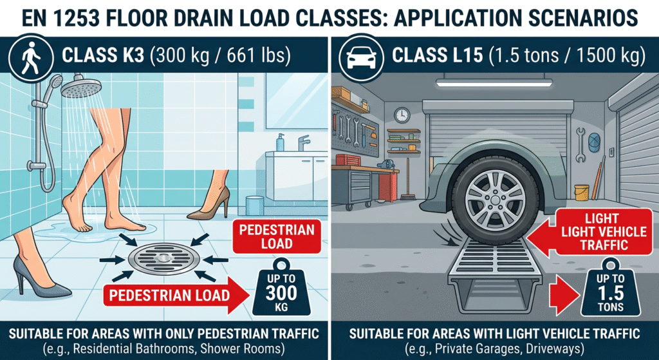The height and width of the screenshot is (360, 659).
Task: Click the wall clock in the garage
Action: point(402,115)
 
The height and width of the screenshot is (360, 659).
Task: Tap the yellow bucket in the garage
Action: point(582,193)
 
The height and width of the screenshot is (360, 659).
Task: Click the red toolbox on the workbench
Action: point(348,160)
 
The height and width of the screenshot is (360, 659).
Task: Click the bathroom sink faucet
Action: point(303,142)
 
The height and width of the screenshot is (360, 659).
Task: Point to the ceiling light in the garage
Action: point(494,82)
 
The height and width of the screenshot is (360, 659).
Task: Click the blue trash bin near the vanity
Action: point(255,205)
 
